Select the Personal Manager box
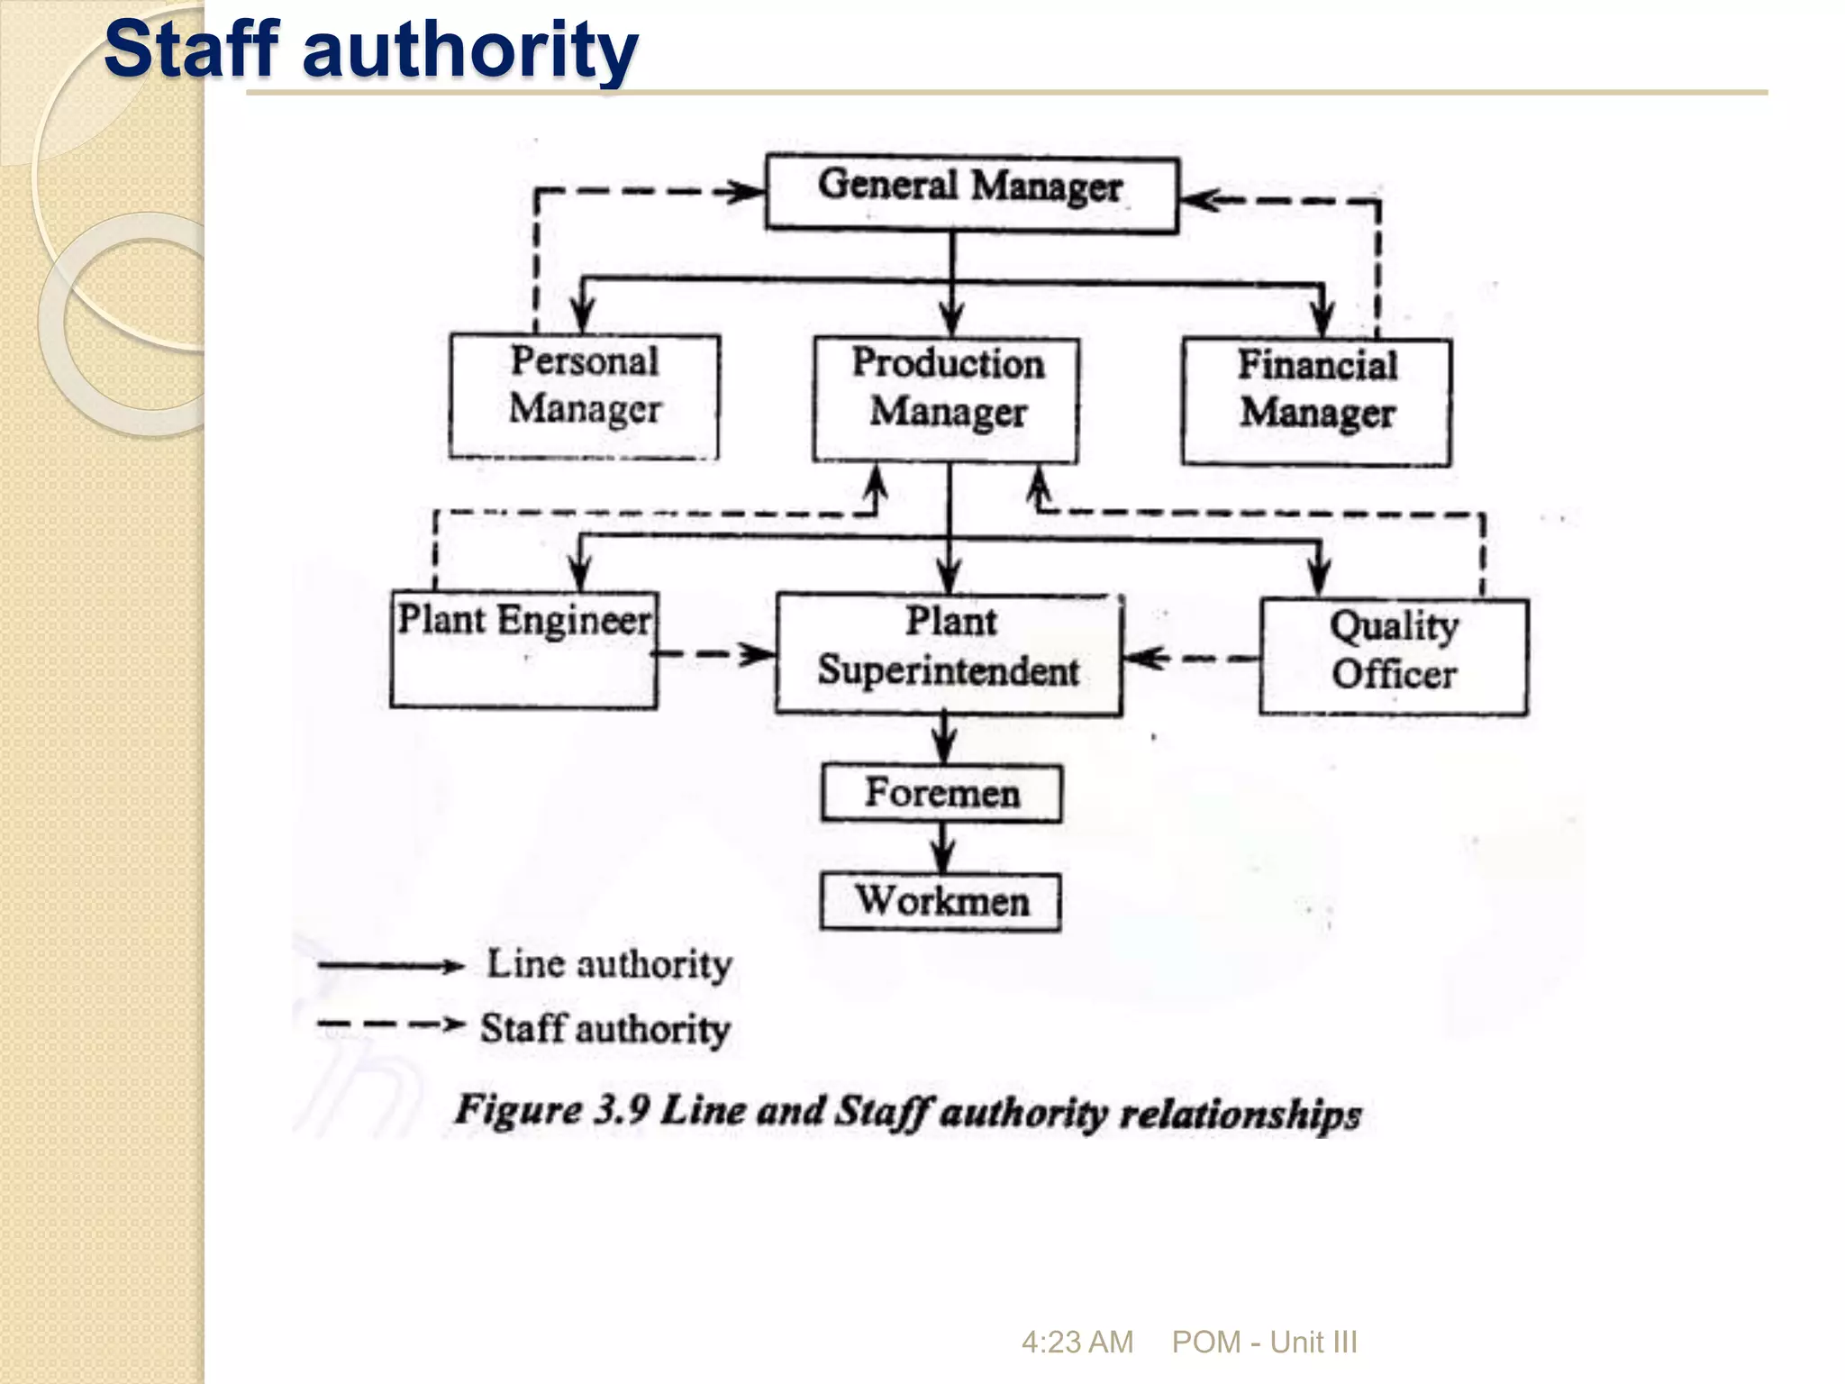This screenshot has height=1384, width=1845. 585,396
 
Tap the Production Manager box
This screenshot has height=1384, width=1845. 947,399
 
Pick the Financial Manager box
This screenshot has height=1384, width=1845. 1316,401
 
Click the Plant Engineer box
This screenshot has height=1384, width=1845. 524,649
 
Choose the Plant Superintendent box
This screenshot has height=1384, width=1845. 949,654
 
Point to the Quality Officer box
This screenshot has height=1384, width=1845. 1394,657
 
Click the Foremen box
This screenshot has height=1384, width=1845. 941,794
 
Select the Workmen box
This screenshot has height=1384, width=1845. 941,902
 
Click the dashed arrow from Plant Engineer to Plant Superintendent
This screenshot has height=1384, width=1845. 715,654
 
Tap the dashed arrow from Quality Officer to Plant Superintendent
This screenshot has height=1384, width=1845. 1191,659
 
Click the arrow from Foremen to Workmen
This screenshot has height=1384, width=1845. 943,848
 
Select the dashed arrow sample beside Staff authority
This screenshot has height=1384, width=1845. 390,1024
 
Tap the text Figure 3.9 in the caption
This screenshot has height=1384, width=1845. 551,1110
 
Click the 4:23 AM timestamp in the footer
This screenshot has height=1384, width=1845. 1077,1342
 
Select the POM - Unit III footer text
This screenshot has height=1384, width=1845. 1264,1342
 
